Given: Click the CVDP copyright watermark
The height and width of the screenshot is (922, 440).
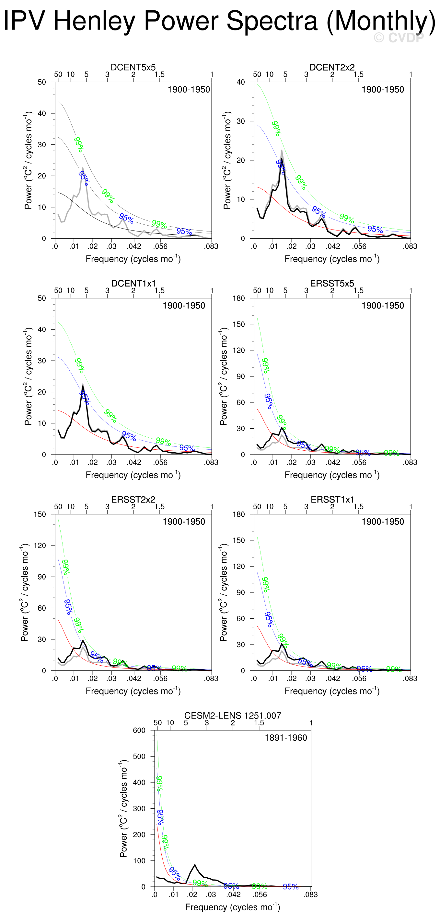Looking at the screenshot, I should tap(399, 38).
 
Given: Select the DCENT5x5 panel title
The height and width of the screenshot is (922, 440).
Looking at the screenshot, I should tap(133, 67).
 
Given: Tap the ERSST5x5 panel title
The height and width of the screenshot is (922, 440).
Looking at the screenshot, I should tap(332, 284).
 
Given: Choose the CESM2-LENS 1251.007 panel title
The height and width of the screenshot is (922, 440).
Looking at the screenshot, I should tap(233, 715).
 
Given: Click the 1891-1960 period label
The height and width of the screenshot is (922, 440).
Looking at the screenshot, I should tap(285, 738).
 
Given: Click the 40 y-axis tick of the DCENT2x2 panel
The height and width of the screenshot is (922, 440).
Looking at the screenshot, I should tap(241, 82).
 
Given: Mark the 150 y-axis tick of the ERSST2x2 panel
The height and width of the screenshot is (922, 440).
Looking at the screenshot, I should tap(40, 514).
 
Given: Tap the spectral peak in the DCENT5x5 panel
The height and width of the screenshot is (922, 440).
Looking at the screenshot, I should tap(82, 168).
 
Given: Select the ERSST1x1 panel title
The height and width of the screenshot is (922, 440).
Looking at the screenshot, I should tap(332, 500).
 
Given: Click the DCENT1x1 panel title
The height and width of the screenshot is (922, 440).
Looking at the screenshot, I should tap(133, 284).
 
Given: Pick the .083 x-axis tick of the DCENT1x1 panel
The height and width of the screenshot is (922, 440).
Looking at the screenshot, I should tap(211, 462).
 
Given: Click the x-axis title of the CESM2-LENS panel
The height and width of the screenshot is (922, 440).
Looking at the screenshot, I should tap(233, 907).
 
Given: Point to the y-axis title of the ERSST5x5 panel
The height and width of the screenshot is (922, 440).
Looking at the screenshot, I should tap(223, 376).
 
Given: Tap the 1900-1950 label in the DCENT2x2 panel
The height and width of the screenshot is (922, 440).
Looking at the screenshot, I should tap(383, 89).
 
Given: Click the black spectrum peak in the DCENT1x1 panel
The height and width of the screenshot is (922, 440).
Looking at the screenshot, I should tap(83, 386).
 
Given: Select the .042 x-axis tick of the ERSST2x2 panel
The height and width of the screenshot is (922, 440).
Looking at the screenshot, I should tap(134, 678).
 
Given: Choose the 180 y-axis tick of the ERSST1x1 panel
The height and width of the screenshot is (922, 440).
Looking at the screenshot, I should tap(239, 514).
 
